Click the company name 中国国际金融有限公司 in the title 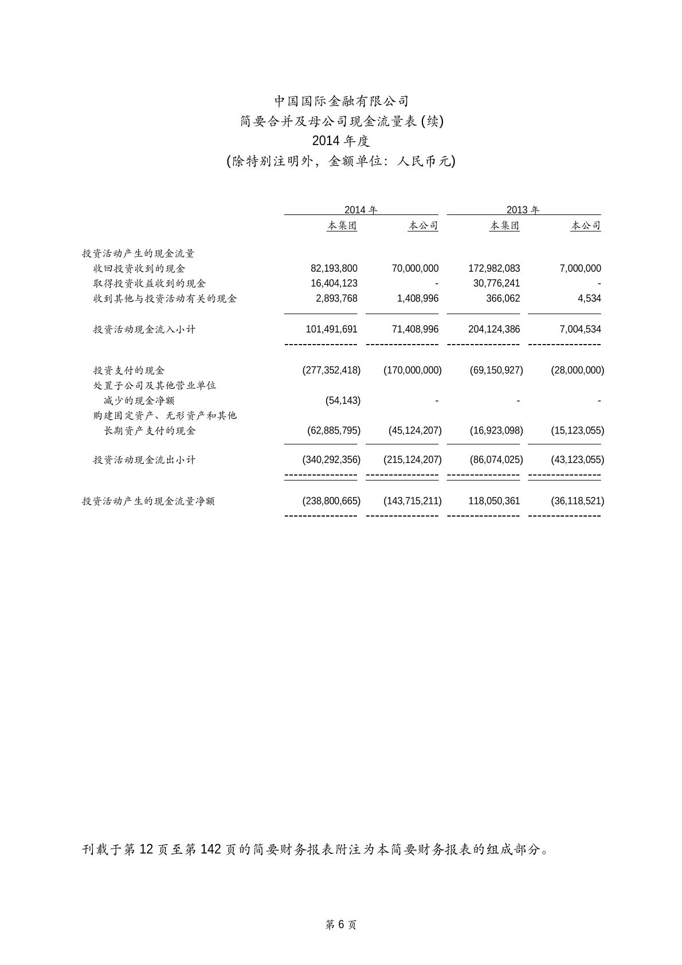(x=341, y=101)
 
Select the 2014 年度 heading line (x=341, y=141)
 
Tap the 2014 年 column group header (x=360, y=210)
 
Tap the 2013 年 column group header (x=523, y=210)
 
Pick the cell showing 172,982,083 (x=494, y=268)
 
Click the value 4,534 (x=589, y=298)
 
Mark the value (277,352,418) (x=331, y=370)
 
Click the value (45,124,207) (x=413, y=430)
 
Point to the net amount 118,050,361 (x=494, y=501)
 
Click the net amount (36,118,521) (x=577, y=501)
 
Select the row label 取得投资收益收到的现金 (x=150, y=283)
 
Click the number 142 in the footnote (x=210, y=849)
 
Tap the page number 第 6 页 (x=341, y=924)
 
